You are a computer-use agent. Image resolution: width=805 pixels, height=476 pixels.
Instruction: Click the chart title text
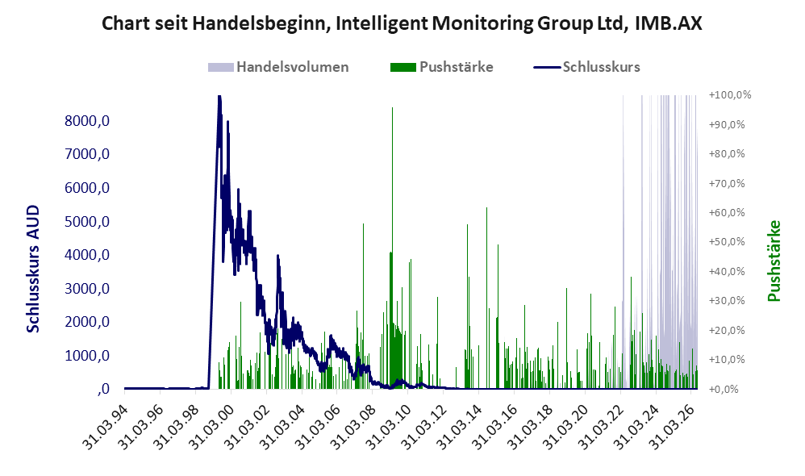(x=402, y=23)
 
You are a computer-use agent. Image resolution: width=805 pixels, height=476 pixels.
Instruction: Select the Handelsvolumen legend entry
(x=278, y=67)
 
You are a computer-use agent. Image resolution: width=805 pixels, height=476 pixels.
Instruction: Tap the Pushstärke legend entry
(x=441, y=67)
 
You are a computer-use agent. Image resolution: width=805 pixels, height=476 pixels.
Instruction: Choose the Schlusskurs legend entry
(x=586, y=67)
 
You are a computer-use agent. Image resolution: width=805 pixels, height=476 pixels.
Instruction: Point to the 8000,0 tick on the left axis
(x=87, y=121)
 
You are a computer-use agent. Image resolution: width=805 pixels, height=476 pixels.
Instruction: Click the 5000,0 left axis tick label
(x=87, y=222)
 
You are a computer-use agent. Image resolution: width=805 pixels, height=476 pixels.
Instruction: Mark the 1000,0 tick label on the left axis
(x=87, y=355)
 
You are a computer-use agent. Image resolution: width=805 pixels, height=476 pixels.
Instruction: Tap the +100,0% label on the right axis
(x=729, y=95)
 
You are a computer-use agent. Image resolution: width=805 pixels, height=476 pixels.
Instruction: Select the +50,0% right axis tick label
(x=727, y=242)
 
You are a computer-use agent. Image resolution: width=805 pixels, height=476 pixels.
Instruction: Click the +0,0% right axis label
(x=724, y=389)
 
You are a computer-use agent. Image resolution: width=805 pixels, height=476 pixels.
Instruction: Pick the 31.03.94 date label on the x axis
(x=106, y=426)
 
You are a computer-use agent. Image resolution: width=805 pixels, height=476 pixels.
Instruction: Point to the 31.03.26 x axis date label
(x=673, y=426)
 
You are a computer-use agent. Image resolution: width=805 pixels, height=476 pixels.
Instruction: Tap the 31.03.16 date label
(x=495, y=426)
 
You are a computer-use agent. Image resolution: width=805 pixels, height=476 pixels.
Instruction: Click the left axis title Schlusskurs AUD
(x=33, y=269)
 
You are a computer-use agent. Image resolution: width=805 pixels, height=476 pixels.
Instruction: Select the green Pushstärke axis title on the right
(x=774, y=261)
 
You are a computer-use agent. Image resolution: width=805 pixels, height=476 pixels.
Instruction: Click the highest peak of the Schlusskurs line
(x=219, y=97)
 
